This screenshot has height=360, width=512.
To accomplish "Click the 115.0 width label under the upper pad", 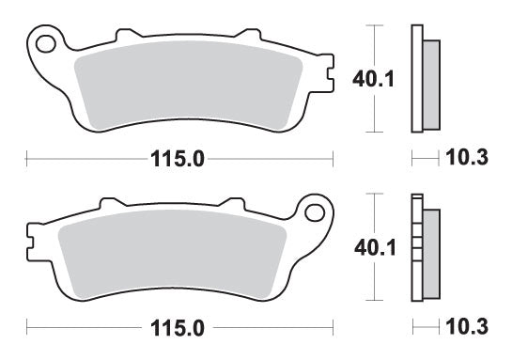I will coord(178,160).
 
